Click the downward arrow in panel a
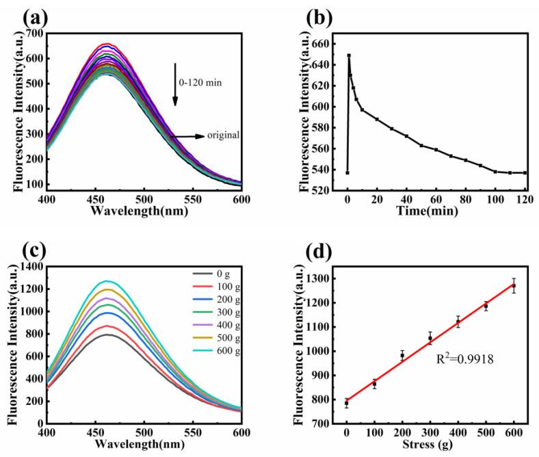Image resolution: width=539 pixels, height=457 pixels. click(175, 85)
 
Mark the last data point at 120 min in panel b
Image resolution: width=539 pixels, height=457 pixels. click(525, 172)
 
